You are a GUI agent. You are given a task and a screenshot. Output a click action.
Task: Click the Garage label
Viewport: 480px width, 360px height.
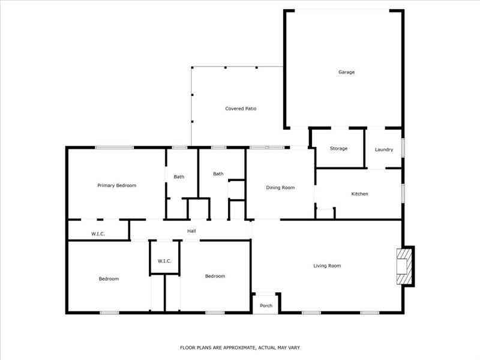click(347, 72)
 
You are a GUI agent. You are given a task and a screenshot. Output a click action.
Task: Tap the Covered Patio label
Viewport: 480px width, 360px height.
click(241, 109)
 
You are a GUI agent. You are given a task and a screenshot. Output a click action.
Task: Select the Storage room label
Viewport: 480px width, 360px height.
click(338, 148)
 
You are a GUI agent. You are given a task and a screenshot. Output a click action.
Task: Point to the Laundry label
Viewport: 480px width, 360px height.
click(384, 149)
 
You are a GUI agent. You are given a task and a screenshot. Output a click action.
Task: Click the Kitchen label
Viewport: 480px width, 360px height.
click(359, 194)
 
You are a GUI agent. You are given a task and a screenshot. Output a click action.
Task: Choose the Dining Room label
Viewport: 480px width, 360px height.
click(280, 188)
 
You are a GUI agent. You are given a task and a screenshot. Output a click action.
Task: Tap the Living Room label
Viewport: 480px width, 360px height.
click(327, 266)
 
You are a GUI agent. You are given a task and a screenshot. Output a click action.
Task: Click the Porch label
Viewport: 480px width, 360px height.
click(266, 305)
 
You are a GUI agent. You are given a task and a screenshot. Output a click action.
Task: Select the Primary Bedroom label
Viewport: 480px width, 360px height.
click(116, 185)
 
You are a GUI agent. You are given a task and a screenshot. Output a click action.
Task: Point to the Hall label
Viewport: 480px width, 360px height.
click(191, 231)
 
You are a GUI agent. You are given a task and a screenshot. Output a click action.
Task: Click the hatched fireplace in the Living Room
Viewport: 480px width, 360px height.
click(404, 266)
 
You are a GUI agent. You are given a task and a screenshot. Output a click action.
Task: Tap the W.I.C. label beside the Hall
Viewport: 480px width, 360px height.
click(98, 234)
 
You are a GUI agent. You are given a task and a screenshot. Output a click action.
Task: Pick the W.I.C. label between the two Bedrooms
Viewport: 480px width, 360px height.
click(164, 261)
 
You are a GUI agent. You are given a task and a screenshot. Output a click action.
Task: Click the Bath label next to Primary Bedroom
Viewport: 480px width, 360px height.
click(179, 176)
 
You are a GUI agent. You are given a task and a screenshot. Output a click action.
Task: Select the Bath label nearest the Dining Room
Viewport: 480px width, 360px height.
click(218, 174)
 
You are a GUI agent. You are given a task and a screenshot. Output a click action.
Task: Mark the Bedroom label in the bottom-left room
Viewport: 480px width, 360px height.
click(109, 279)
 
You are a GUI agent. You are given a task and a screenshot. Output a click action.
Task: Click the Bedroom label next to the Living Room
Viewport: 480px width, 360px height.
click(215, 276)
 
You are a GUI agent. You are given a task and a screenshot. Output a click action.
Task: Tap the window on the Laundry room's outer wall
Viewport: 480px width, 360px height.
click(403, 148)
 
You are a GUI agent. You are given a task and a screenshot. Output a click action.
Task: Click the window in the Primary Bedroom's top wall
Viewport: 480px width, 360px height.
click(114, 148)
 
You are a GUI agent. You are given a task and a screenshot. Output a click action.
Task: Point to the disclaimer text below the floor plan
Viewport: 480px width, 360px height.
click(240, 348)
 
